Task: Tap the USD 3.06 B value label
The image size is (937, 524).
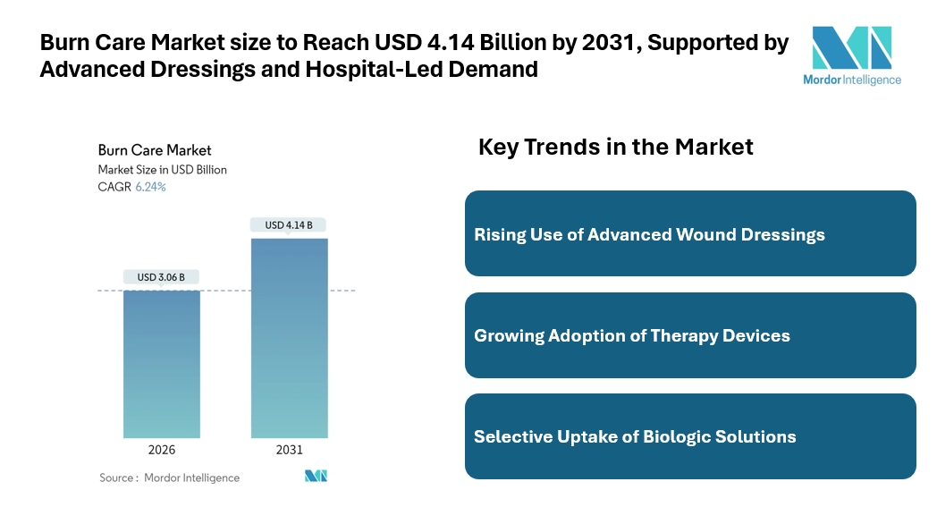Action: pyautogui.click(x=161, y=277)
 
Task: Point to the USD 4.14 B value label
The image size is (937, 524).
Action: pyautogui.click(x=289, y=225)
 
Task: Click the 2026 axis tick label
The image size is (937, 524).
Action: pyautogui.click(x=162, y=450)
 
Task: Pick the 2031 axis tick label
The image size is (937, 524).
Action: pyautogui.click(x=289, y=450)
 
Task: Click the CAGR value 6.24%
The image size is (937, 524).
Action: pyautogui.click(x=150, y=187)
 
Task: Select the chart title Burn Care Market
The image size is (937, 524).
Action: pyautogui.click(x=155, y=150)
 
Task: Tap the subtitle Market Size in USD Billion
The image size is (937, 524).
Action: pyautogui.click(x=162, y=169)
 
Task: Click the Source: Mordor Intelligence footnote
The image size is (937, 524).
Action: pyautogui.click(x=169, y=478)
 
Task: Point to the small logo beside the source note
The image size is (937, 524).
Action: pyautogui.click(x=316, y=476)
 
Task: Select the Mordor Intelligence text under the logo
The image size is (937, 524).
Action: pyautogui.click(x=853, y=79)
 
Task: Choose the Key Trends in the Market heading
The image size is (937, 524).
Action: pyautogui.click(x=616, y=147)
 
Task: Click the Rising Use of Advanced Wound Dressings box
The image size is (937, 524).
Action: pyautogui.click(x=690, y=233)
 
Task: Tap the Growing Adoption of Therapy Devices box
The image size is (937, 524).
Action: pyautogui.click(x=690, y=335)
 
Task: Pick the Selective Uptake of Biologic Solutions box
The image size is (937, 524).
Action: pyautogui.click(x=690, y=436)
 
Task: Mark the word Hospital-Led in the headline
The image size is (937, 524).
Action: pyautogui.click(x=376, y=69)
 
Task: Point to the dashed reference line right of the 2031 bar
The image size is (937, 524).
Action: pyautogui.click(x=342, y=291)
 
